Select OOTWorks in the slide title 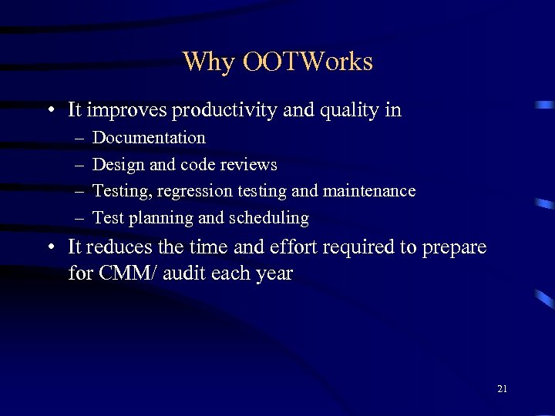308,62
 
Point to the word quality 344,111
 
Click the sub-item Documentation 149,138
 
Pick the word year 274,274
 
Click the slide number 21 502,389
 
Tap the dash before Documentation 80,139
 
